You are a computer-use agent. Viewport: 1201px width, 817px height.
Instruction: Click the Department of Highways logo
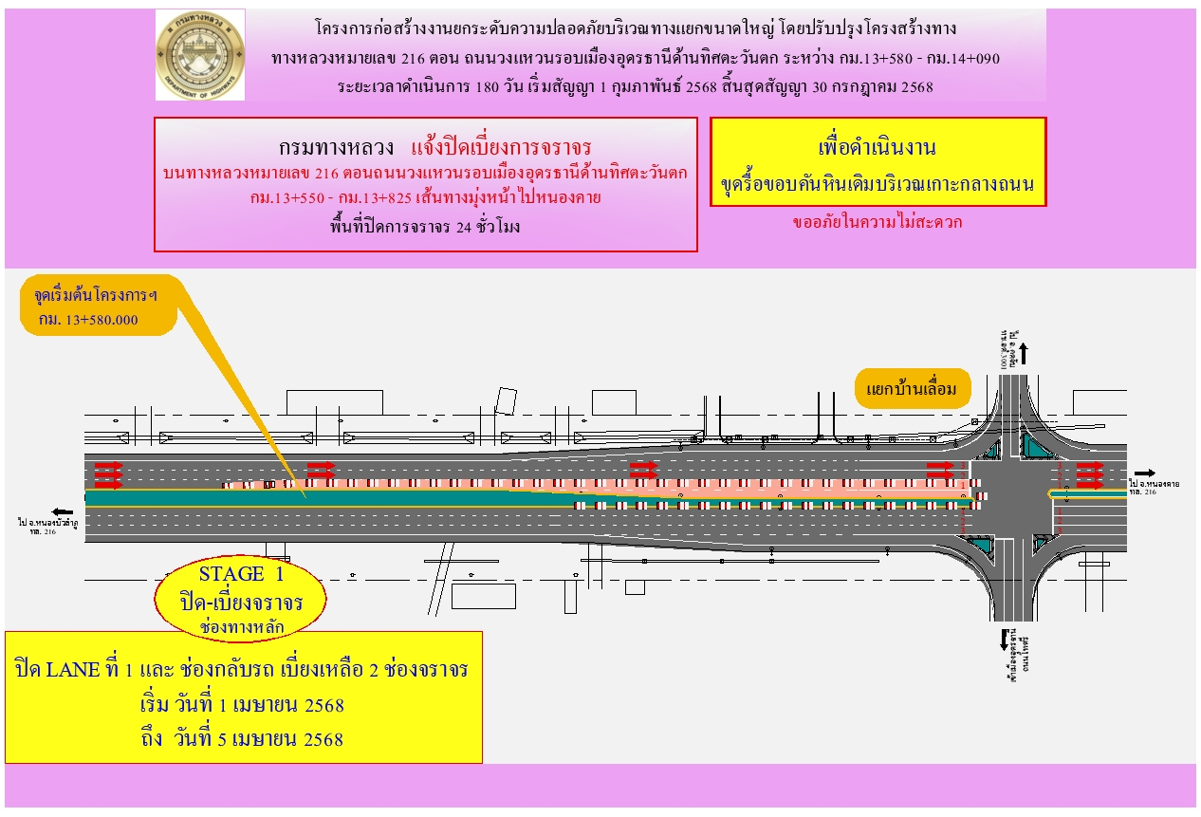[200, 55]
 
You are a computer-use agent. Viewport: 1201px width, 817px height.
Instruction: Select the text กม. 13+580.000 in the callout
[88, 320]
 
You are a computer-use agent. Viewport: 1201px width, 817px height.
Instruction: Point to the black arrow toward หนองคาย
[1144, 473]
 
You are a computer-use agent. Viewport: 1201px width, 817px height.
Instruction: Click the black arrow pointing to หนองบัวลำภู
[63, 510]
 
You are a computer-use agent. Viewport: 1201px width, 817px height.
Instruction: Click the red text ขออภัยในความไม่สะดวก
[878, 224]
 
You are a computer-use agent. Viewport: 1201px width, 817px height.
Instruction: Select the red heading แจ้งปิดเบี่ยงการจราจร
[501, 147]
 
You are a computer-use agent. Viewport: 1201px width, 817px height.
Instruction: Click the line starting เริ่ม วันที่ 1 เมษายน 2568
[241, 705]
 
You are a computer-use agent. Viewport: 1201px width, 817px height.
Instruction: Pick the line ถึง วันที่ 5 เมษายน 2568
[241, 738]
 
